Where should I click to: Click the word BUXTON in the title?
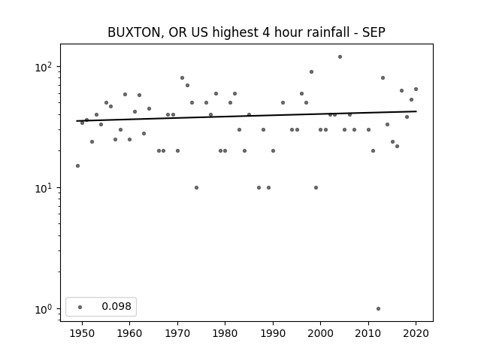tap(134, 32)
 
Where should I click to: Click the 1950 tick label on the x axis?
tap(82, 333)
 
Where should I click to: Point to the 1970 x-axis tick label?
tap(177, 333)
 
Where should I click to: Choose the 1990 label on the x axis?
tap(273, 333)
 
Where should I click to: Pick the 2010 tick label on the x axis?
tap(368, 333)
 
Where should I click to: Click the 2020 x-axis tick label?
tap(416, 333)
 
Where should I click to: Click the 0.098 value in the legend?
tap(116, 306)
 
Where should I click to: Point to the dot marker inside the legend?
tap(80, 307)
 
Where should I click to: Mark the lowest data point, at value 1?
tap(378, 309)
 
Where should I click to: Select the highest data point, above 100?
tap(340, 57)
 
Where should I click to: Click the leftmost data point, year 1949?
tap(77, 165)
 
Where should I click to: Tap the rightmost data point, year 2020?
tap(416, 89)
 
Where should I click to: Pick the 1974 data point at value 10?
tap(196, 187)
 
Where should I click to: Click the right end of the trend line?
tap(416, 111)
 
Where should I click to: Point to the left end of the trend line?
tap(77, 121)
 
